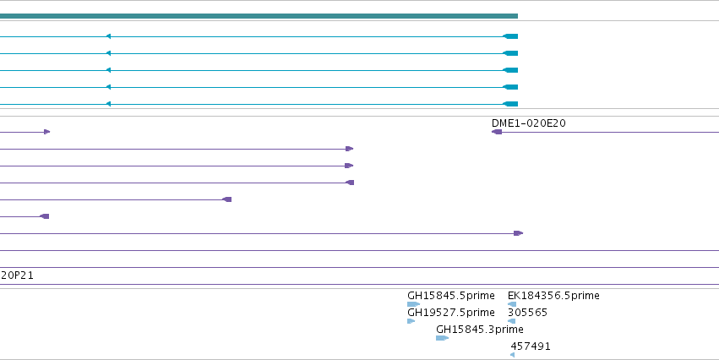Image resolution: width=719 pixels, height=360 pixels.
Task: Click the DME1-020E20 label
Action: coord(528,123)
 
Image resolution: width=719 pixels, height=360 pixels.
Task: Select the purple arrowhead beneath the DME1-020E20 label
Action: coord(497,132)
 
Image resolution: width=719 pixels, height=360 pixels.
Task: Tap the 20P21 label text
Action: coord(17,275)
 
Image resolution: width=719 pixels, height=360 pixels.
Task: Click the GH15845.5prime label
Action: coord(451,295)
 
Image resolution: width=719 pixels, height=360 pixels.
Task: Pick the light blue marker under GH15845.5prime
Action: coord(413,304)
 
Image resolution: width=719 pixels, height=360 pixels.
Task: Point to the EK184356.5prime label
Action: coord(553,295)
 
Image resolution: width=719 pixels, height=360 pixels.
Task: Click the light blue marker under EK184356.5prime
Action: coord(512,304)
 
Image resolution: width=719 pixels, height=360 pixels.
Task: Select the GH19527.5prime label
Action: coord(451,313)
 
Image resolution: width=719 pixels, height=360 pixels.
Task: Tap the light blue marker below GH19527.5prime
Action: coord(411,321)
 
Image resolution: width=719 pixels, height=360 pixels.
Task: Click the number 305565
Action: coord(527,313)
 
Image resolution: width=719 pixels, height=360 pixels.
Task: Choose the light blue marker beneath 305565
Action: coord(511,321)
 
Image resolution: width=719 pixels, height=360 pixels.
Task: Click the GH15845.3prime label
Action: coord(480,330)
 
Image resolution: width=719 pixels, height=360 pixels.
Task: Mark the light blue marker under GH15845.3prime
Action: coord(442,338)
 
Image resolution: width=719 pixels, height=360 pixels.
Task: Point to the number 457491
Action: coord(530,346)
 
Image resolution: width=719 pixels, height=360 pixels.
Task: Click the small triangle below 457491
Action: coord(512,355)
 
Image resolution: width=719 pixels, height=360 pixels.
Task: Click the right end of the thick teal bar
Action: coord(518,16)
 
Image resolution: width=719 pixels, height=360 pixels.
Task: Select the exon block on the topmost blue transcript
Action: coord(510,36)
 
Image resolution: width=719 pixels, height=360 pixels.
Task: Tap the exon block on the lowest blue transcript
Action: coord(510,104)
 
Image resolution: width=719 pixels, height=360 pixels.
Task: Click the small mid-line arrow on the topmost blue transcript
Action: coord(108,36)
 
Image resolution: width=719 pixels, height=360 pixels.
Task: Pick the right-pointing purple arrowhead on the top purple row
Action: coord(46,132)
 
